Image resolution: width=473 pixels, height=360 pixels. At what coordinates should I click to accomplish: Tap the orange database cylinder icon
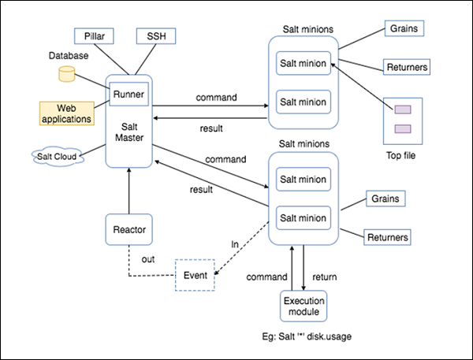click(66, 74)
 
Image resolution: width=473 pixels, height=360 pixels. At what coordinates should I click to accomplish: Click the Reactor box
click(127, 232)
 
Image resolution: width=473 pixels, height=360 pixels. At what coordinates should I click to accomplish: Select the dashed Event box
click(195, 275)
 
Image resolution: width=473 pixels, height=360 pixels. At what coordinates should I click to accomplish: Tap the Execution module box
click(304, 306)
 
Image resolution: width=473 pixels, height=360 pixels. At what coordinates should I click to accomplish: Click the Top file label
click(401, 156)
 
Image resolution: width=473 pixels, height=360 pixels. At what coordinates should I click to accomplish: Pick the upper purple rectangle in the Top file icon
click(402, 110)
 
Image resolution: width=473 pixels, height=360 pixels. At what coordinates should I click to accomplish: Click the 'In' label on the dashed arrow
click(234, 245)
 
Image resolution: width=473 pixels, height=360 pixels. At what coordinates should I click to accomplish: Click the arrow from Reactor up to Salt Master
click(127, 192)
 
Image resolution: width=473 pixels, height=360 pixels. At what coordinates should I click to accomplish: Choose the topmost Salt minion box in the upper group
click(304, 63)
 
